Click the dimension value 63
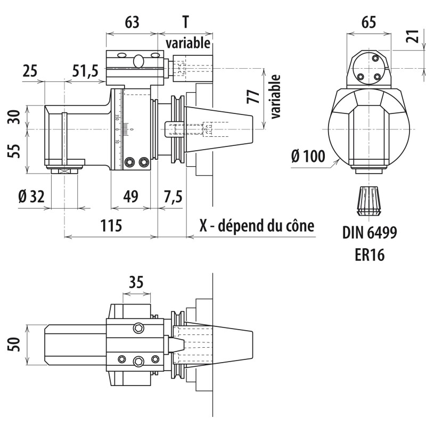point(132,22)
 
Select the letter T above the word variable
point(185,22)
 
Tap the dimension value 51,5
point(88,71)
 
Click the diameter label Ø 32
point(31,196)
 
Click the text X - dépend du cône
point(257,226)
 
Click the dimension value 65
point(368,22)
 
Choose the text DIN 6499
point(370,233)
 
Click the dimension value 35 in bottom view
point(136,282)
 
